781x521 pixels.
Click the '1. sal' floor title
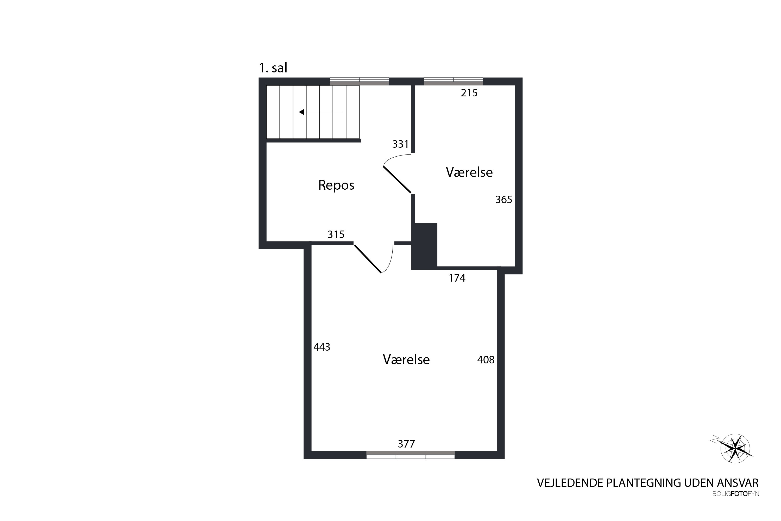[273, 68]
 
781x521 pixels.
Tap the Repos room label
[336, 185]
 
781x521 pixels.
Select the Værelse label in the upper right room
[469, 172]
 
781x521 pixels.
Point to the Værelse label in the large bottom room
[406, 359]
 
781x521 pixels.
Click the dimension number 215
[469, 93]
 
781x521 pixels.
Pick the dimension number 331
[400, 144]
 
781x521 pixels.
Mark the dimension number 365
[504, 200]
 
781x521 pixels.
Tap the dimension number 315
[336, 235]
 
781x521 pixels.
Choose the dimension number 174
[457, 278]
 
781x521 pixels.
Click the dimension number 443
[322, 347]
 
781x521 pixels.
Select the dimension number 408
[486, 360]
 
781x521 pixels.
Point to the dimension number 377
[406, 444]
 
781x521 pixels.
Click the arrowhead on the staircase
[301, 112]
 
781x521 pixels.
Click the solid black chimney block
[424, 246]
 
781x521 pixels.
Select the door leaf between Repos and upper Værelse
[397, 179]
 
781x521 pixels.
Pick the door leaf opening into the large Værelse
[368, 259]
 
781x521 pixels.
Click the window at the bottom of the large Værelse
[411, 455]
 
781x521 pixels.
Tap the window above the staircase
[359, 81]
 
